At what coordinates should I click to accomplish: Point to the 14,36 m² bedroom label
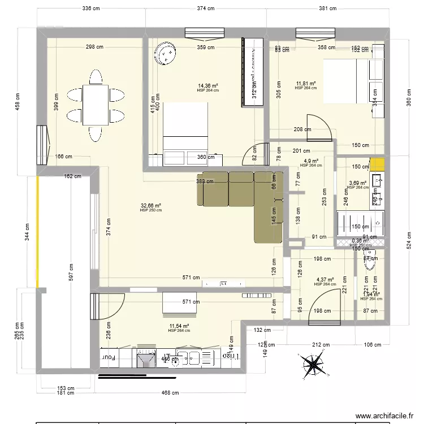click(207, 86)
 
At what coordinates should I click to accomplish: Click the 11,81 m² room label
click(305, 84)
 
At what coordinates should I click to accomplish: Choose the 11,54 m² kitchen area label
click(179, 327)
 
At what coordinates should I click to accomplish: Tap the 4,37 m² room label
click(325, 280)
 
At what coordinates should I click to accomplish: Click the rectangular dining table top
click(96, 105)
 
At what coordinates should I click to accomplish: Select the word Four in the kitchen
click(108, 357)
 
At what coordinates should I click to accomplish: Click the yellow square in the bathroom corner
click(377, 165)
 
